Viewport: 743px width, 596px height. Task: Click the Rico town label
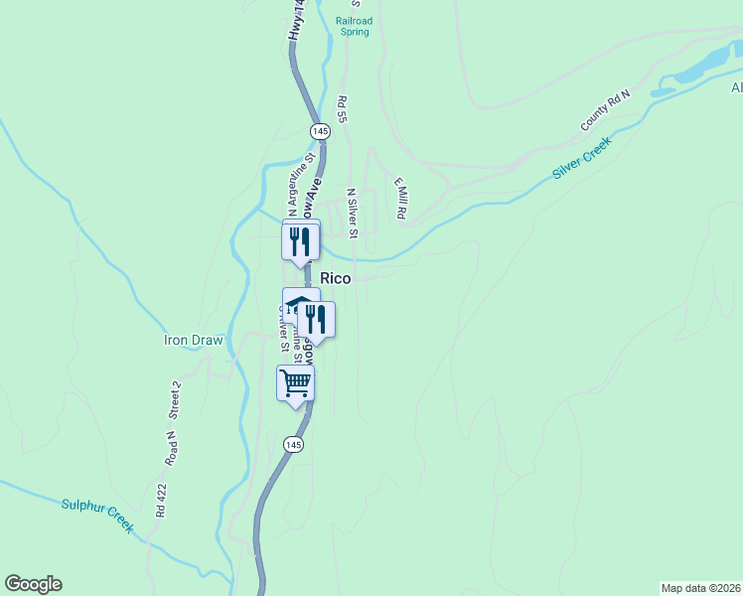[x=335, y=279]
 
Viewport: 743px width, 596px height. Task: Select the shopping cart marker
[x=295, y=382]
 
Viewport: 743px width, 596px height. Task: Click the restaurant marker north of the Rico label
[x=300, y=241]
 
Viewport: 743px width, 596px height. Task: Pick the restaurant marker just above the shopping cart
[x=316, y=319]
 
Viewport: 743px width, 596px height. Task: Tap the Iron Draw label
[x=195, y=340]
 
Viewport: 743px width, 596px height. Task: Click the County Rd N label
[x=606, y=111]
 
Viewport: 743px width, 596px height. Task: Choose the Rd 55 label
[x=342, y=109]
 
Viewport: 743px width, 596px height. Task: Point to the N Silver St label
[x=351, y=212]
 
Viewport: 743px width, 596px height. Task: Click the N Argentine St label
[x=301, y=182]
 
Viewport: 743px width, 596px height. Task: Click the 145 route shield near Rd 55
[x=319, y=131]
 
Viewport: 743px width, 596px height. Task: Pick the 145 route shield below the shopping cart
[x=292, y=445]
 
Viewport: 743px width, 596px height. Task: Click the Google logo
[x=33, y=584]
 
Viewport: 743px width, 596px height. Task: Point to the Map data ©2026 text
[x=700, y=587]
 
